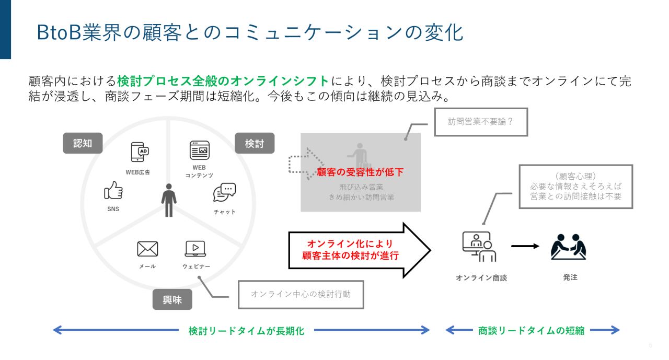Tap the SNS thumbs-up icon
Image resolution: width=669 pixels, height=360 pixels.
113,191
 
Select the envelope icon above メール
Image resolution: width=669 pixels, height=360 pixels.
147,249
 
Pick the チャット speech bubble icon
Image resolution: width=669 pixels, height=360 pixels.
225,192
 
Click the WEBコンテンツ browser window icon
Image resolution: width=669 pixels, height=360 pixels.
199,150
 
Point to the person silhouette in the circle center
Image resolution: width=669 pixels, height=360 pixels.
169,200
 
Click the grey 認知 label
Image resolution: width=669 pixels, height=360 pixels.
83,143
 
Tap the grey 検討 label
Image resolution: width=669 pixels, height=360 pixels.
255,143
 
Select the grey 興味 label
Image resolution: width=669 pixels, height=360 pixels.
172,299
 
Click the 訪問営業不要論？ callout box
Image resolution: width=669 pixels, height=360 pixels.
481,122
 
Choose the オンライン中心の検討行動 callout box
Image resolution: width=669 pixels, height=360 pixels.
301,294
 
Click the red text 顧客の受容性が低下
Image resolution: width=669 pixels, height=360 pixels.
360,172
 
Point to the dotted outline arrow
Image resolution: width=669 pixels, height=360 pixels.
306,163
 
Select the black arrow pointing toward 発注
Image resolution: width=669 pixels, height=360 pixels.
525,246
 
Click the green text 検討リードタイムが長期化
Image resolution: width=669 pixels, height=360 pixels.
246,330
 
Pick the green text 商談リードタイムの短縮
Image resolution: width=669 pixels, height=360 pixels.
532,330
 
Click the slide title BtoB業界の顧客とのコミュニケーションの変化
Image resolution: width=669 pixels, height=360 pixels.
250,32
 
